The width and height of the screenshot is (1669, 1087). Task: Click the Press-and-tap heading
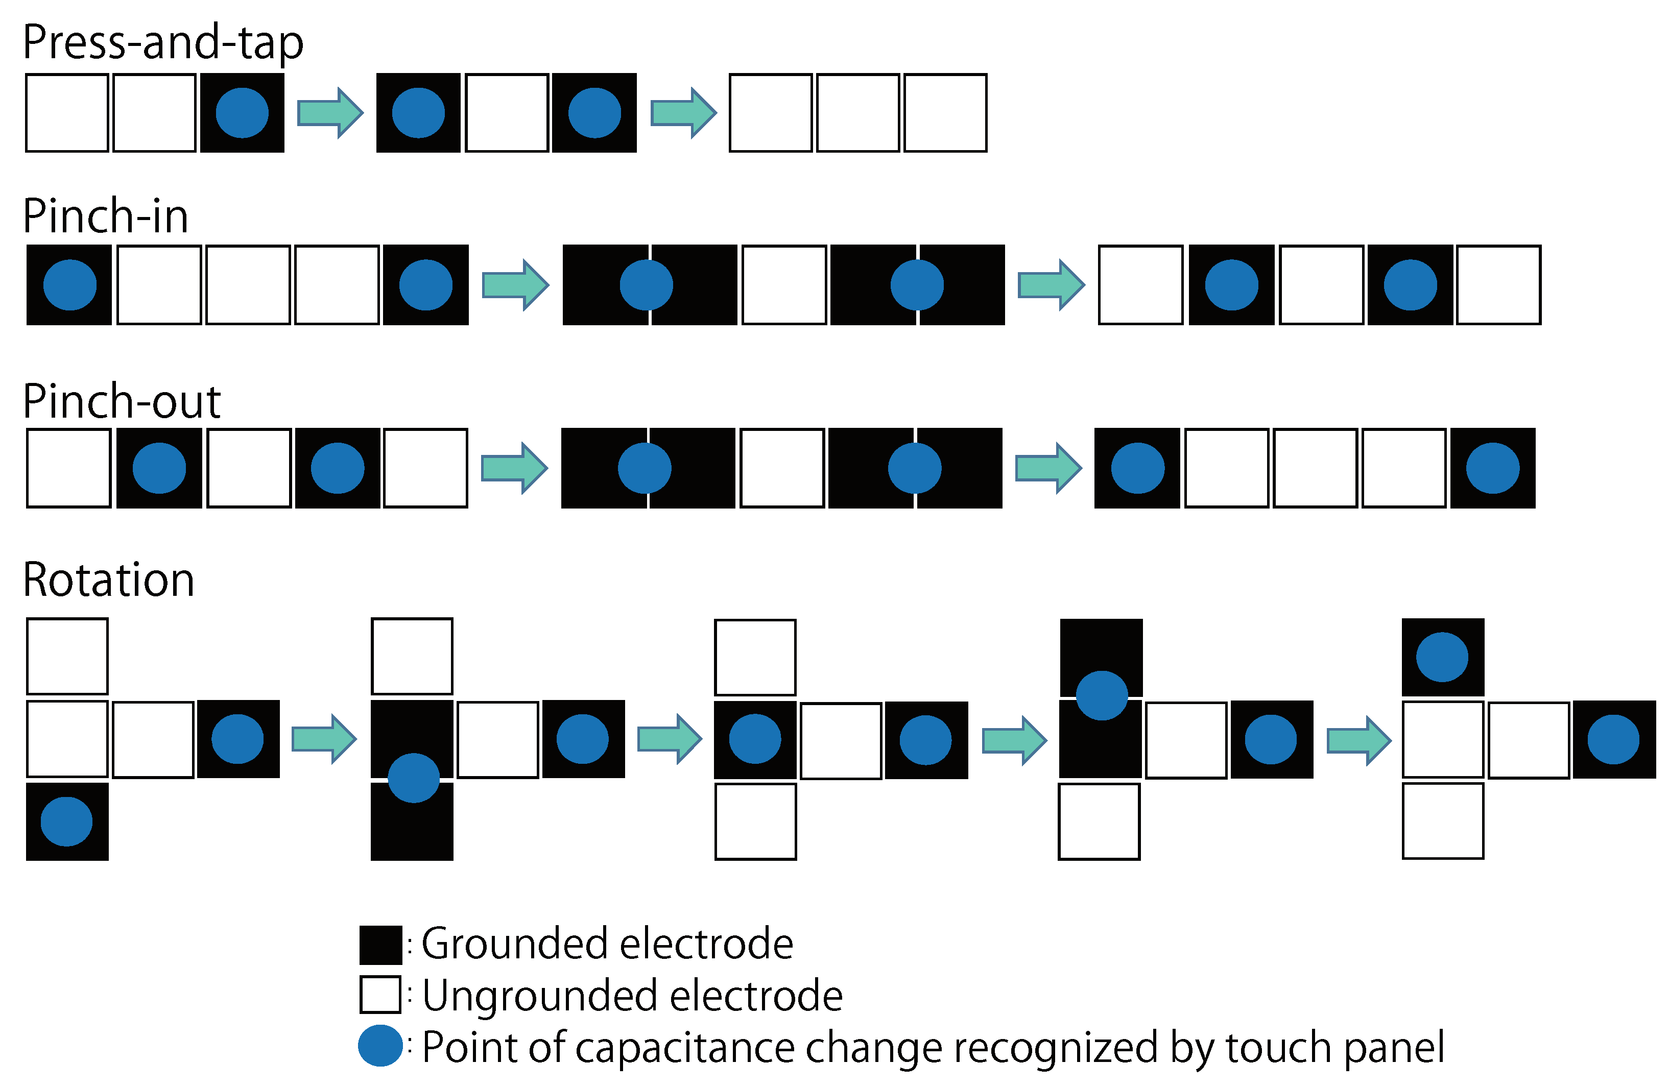point(163,42)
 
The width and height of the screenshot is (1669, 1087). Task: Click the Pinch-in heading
point(105,216)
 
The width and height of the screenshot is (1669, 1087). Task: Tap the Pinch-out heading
point(122,401)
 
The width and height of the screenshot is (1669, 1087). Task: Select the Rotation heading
point(109,580)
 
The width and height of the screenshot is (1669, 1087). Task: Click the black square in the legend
point(380,945)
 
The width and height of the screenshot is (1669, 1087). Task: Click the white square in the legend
point(380,995)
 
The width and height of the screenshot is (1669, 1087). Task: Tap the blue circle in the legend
point(380,1046)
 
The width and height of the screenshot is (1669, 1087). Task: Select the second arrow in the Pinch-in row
point(1051,285)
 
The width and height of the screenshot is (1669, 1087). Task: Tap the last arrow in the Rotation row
point(1359,740)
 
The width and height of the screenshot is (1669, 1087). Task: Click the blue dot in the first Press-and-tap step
point(242,113)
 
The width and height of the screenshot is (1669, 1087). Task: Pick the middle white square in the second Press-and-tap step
point(506,113)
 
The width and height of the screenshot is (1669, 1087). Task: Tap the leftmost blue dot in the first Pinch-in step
point(69,285)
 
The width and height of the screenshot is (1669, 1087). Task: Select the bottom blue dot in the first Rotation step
point(66,821)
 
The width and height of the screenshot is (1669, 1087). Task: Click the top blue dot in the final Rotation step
point(1442,657)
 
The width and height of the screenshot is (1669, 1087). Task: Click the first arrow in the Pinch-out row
point(514,468)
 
